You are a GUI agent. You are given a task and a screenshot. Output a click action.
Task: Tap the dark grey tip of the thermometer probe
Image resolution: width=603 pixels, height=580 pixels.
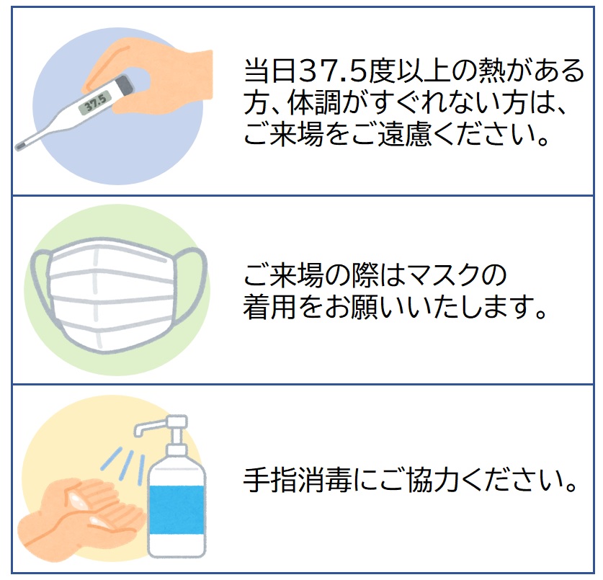(x=20, y=146)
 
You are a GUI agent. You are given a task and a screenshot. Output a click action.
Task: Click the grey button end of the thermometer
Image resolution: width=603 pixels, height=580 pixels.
(x=125, y=84)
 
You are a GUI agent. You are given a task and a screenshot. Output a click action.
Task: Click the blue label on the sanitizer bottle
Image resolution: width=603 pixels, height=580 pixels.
(x=177, y=509)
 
